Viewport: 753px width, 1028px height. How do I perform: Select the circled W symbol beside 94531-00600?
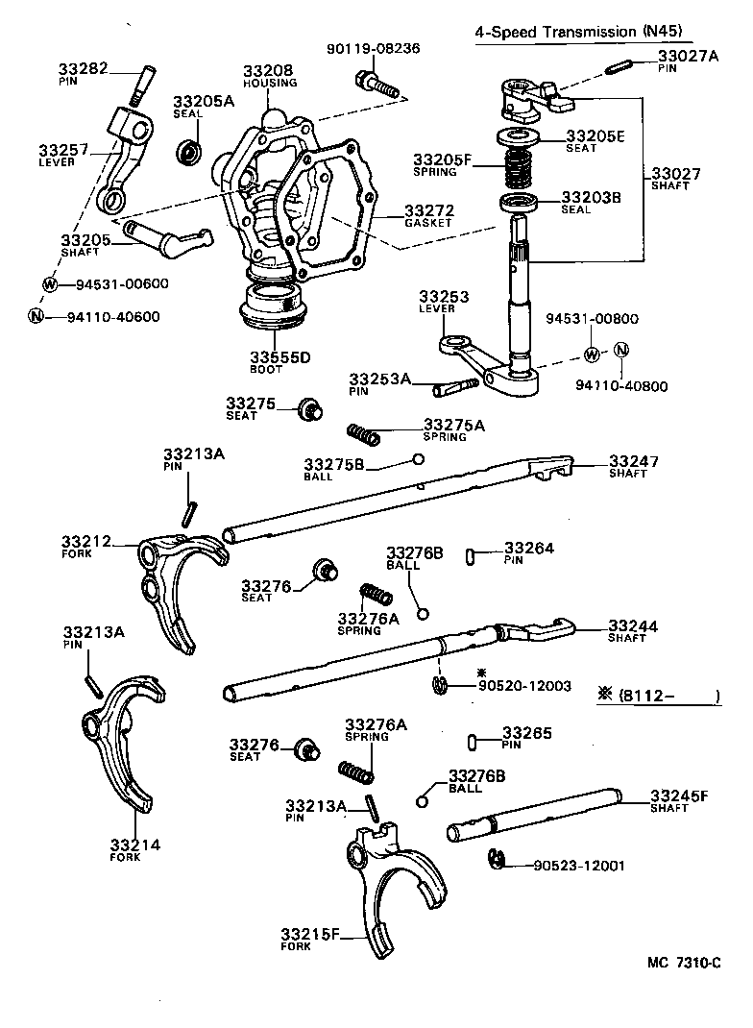50,283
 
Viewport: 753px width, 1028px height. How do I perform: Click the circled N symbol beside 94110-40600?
36,317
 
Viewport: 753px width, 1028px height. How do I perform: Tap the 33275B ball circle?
419,458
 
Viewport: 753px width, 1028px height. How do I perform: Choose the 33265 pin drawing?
474,741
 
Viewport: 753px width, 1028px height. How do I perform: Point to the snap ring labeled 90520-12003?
440,685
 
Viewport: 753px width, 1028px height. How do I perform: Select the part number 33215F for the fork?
311,933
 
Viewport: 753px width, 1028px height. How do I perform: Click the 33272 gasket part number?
429,209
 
